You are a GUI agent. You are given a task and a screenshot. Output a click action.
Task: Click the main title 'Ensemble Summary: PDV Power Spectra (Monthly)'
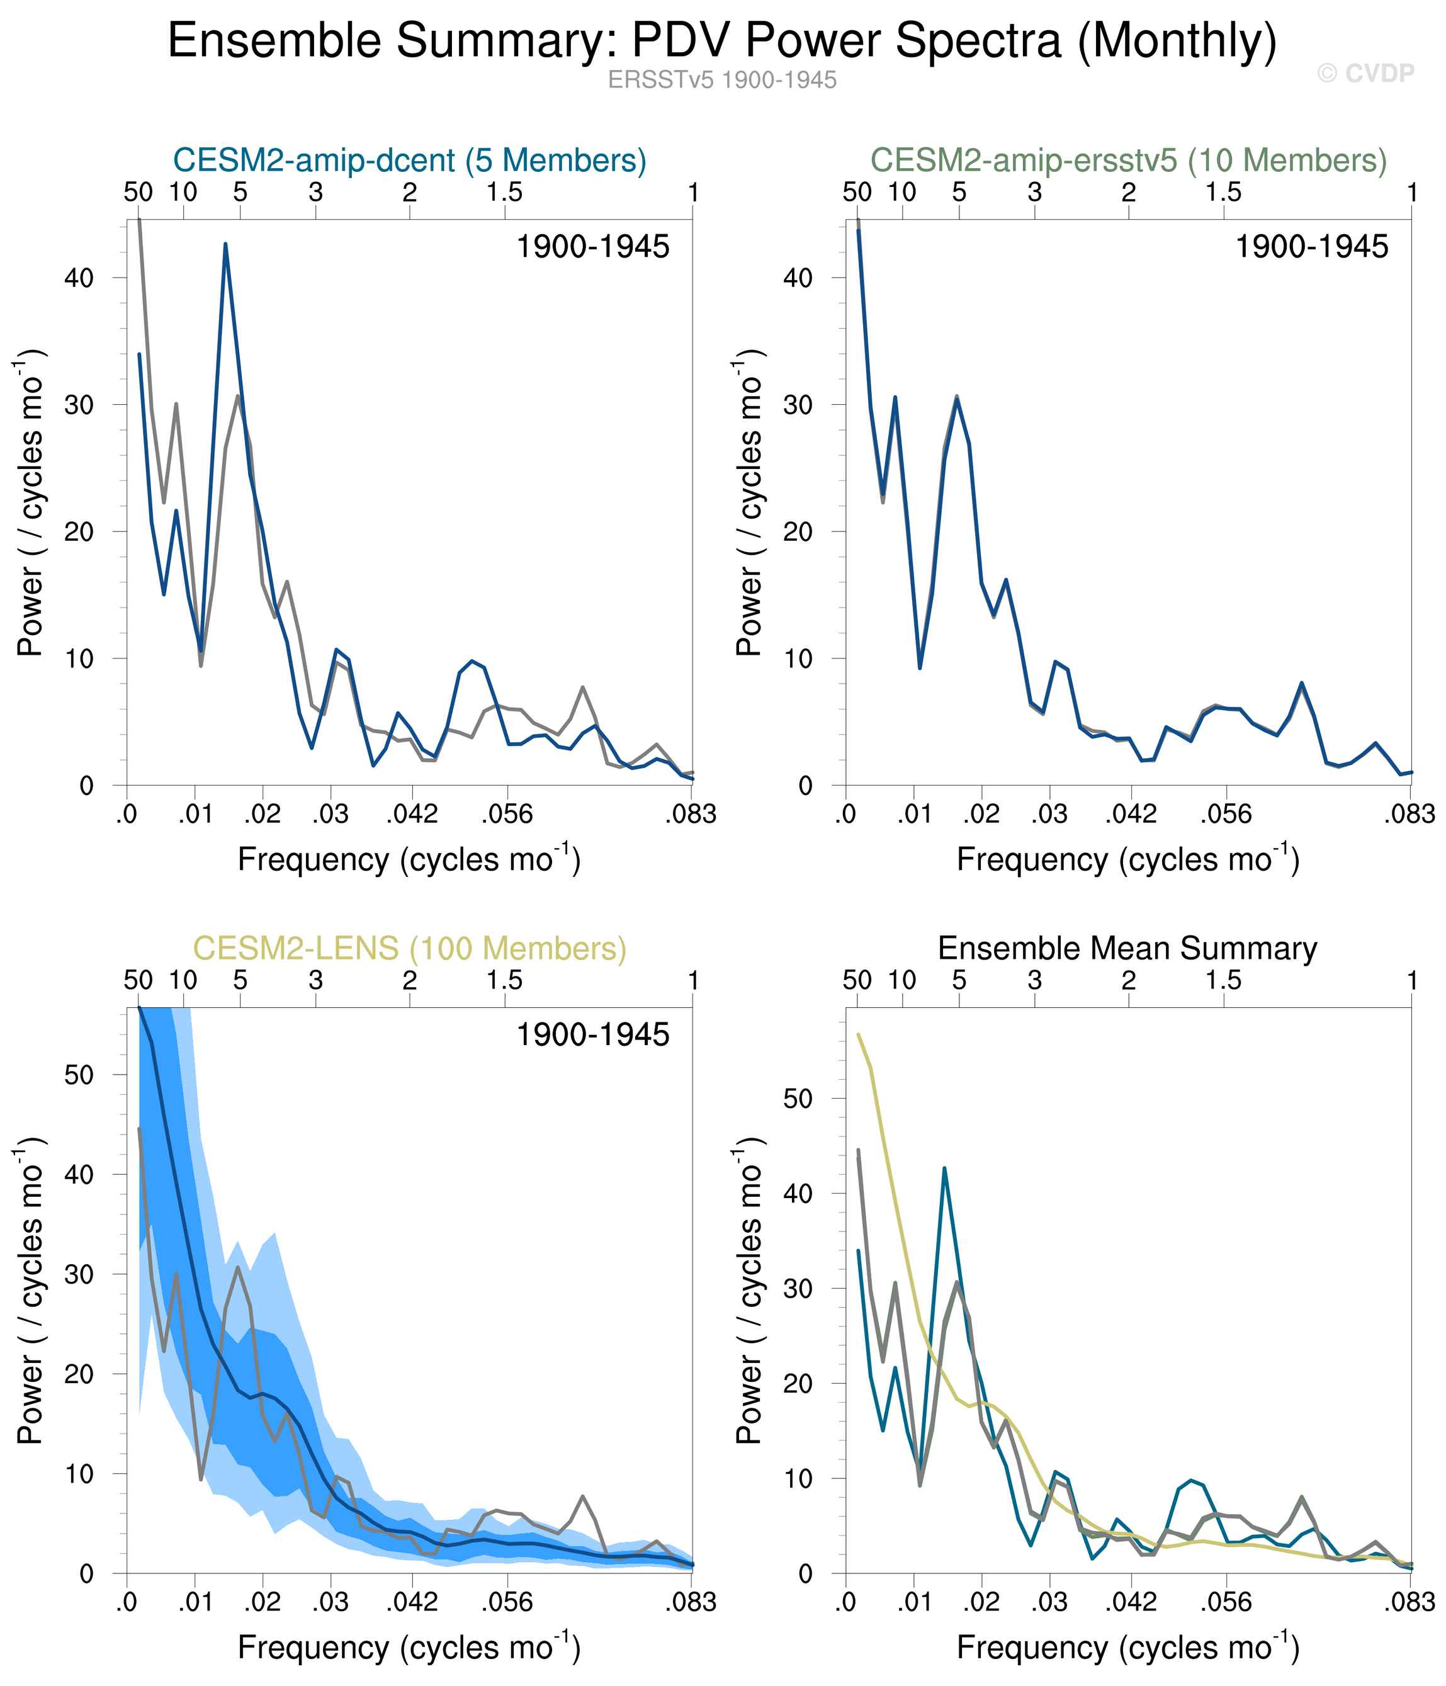click(722, 41)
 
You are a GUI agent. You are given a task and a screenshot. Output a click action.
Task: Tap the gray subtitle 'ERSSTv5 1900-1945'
click(722, 80)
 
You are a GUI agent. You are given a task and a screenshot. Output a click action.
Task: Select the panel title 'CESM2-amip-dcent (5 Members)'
click(409, 161)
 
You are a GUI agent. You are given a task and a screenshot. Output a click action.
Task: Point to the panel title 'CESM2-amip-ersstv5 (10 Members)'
click(1128, 161)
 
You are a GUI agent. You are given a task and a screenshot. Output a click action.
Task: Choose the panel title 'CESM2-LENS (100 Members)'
click(409, 948)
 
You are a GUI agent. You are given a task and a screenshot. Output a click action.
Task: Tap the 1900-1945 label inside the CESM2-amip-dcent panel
click(592, 247)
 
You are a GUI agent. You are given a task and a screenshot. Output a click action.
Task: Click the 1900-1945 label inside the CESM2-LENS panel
click(592, 1034)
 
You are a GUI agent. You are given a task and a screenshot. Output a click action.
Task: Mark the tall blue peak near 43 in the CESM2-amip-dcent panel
click(225, 244)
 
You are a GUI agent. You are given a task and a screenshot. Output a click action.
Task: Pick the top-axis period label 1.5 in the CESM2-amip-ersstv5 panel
click(1223, 193)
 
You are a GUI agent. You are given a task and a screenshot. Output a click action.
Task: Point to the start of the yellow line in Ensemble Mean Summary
click(859, 1034)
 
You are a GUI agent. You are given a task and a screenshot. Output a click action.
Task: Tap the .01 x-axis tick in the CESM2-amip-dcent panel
click(195, 813)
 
